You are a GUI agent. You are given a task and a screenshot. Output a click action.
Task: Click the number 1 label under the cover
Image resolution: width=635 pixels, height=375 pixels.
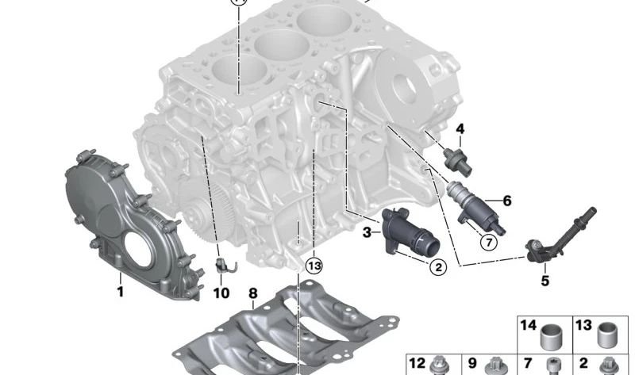point(121,292)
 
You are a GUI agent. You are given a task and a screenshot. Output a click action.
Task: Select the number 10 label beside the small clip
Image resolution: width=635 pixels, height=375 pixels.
point(221,293)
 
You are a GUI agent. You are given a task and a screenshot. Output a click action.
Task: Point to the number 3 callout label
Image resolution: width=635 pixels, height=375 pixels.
point(367,232)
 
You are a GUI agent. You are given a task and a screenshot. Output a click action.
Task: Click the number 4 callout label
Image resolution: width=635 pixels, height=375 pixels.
point(460,128)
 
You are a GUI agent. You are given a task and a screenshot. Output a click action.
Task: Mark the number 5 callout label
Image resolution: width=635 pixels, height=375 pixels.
point(545,280)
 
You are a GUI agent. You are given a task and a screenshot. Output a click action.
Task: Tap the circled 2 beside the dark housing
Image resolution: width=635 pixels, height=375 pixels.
point(437,267)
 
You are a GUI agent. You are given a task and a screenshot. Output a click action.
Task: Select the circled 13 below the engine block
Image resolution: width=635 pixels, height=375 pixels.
point(314,265)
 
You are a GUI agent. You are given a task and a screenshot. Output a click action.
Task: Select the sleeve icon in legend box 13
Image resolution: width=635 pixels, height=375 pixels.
point(608,335)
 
